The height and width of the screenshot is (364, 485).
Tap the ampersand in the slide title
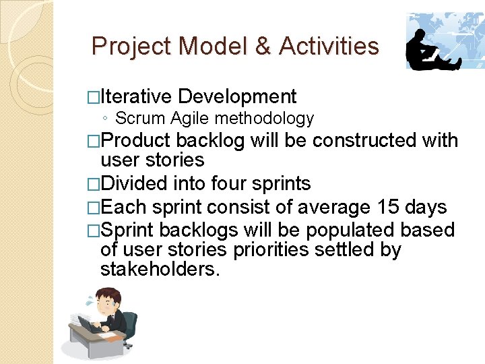262,47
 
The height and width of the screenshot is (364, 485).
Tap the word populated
351,229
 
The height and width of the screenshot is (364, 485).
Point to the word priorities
277,249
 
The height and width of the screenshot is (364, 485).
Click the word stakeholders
159,270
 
